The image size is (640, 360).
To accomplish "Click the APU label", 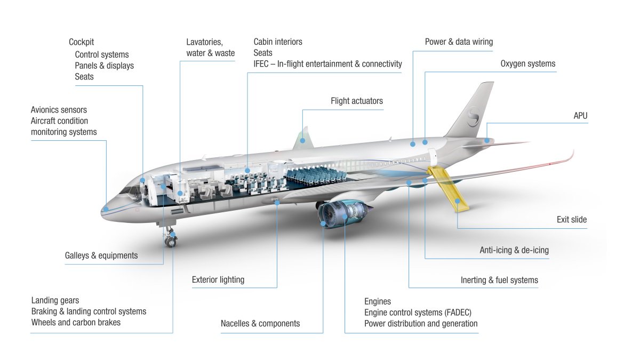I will click(580, 116).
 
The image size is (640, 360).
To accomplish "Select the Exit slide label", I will click(571, 220).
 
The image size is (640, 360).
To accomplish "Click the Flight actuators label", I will click(356, 101).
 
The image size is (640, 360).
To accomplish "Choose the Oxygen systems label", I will click(527, 63).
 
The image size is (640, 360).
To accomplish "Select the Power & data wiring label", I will click(459, 42).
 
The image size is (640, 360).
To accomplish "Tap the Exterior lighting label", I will click(218, 279).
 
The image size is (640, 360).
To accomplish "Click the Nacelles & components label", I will click(260, 323).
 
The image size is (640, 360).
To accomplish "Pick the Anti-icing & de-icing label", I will click(514, 250).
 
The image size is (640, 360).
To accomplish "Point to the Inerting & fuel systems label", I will click(499, 280).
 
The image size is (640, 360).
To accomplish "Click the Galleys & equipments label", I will click(101, 255).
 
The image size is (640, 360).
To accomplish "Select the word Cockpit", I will click(81, 42).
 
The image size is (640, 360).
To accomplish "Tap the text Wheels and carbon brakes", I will click(76, 322).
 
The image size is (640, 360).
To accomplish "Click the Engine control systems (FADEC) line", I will click(418, 313).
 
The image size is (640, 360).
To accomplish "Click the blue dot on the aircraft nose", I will click(106, 209).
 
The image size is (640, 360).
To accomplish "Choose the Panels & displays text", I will click(104, 66).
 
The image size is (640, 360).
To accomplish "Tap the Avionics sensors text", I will click(59, 110).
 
